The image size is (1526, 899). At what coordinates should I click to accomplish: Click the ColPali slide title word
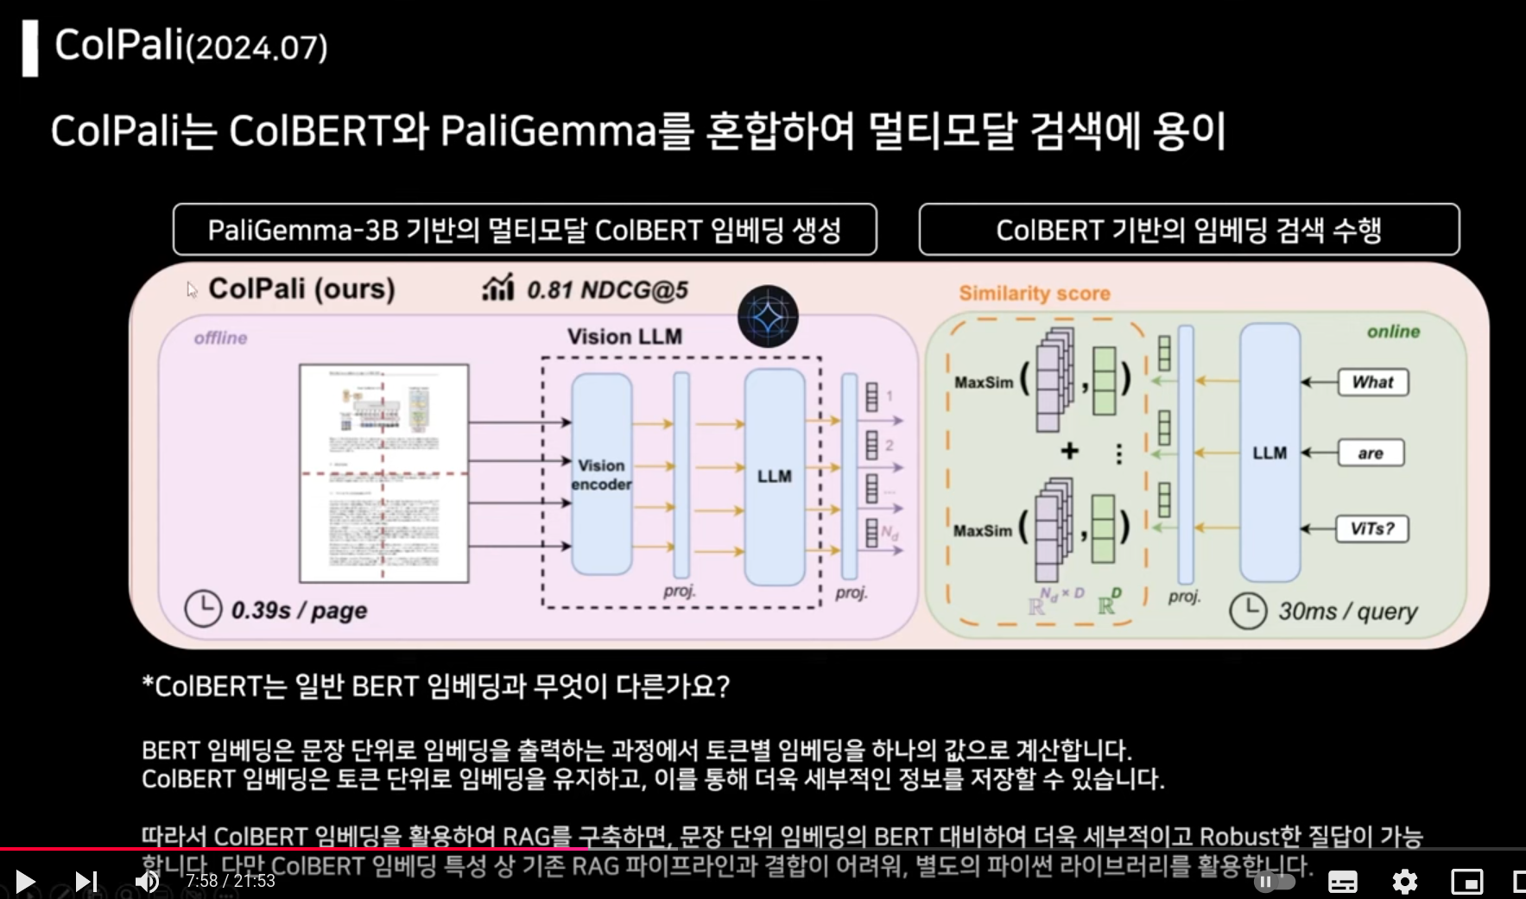[x=119, y=45]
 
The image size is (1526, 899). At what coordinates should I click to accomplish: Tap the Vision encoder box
[x=601, y=474]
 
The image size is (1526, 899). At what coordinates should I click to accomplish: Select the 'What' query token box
[x=1372, y=382]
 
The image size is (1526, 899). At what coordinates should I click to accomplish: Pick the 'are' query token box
[x=1371, y=453]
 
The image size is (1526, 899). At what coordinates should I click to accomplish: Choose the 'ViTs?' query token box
[x=1372, y=529]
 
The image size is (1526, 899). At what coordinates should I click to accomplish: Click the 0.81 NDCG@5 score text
[x=607, y=290]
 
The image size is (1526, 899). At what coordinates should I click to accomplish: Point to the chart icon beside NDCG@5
[x=498, y=288]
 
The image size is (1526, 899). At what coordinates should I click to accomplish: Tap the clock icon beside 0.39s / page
[x=203, y=609]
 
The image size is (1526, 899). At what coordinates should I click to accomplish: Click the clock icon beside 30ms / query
[x=1248, y=611]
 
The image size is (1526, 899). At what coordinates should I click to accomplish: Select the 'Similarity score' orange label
[x=1035, y=294]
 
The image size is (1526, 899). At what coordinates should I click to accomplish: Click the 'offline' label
[x=220, y=338]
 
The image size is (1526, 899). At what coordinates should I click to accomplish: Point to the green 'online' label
[x=1393, y=332]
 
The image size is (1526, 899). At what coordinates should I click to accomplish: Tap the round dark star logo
[x=768, y=317]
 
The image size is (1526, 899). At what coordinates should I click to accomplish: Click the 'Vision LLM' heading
[x=624, y=337]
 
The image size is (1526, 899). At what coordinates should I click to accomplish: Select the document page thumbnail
[x=383, y=473]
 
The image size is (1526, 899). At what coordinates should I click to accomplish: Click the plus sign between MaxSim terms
[x=1069, y=451]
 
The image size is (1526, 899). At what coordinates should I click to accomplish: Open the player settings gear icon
[x=1404, y=881]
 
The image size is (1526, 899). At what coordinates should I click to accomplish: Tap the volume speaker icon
[x=147, y=881]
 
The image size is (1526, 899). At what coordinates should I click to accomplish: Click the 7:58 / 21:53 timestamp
[x=231, y=881]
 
